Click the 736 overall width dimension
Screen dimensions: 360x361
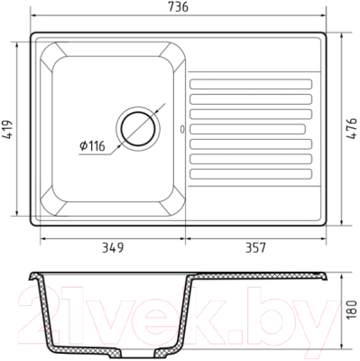(178, 7)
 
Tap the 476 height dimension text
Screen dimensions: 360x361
(352, 129)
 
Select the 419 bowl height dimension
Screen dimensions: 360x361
(7, 130)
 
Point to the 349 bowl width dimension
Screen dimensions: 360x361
(113, 248)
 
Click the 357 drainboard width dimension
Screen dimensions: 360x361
(256, 248)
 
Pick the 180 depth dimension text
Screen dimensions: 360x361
(352, 310)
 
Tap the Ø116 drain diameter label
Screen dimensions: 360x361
(92, 146)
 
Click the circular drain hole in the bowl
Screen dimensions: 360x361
(138, 129)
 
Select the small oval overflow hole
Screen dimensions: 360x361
(182, 129)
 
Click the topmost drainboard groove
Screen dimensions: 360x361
(251, 84)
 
